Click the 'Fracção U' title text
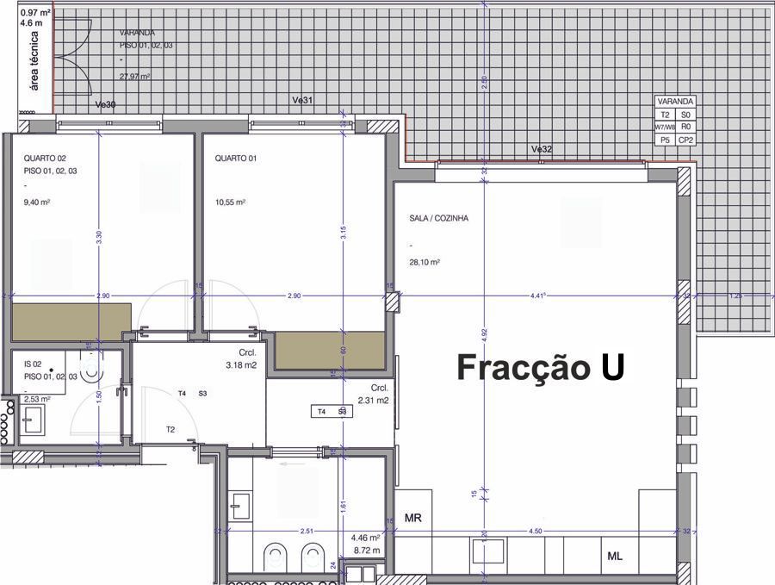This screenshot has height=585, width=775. (x=540, y=367)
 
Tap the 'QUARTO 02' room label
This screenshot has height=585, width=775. (x=45, y=159)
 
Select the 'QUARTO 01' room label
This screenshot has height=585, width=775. (x=236, y=159)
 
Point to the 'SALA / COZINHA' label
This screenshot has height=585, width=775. (x=439, y=219)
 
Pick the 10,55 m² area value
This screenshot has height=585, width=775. (x=231, y=202)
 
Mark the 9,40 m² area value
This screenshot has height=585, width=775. (x=38, y=202)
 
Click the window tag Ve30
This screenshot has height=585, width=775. (x=105, y=105)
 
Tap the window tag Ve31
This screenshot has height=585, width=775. (x=302, y=101)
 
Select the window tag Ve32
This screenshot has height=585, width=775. (x=542, y=149)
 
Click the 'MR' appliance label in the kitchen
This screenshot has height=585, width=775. (x=412, y=518)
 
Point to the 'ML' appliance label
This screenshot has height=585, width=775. (x=615, y=557)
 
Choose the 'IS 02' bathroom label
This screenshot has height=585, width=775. (x=34, y=366)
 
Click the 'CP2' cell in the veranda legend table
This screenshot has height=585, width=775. (x=685, y=140)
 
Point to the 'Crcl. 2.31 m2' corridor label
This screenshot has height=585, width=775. (x=375, y=394)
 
